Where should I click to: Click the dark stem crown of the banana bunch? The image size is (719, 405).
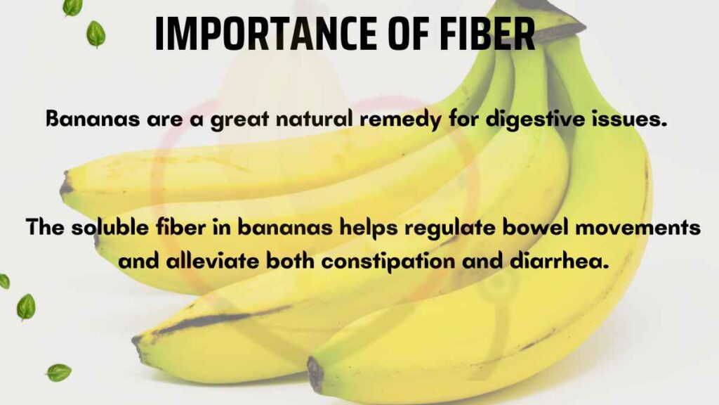[x=562, y=21]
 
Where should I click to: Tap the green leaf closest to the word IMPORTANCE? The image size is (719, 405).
[x=95, y=33]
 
